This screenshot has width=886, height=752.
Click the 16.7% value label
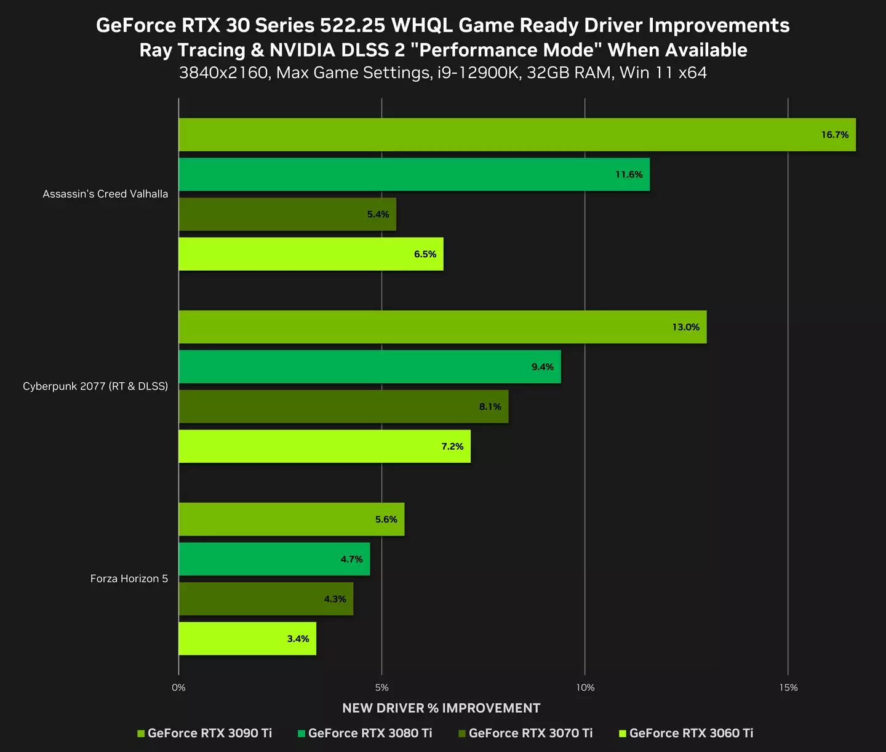point(834,135)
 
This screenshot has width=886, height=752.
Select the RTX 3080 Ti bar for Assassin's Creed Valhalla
point(413,175)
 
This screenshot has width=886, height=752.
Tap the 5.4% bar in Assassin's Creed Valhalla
point(287,215)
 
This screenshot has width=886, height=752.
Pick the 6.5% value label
point(425,254)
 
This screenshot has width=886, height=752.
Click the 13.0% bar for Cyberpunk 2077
point(442,327)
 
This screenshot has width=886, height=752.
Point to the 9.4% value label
point(542,367)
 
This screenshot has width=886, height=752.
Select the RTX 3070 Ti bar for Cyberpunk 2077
point(343,407)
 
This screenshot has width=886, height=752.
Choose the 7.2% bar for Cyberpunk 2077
point(324,446)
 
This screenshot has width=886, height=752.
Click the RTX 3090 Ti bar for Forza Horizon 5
point(291,519)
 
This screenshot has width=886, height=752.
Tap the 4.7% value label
point(351,559)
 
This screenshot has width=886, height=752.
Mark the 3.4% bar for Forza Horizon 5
point(247,639)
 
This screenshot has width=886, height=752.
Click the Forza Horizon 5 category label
point(129,578)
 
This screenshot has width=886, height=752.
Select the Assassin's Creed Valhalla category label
point(105,194)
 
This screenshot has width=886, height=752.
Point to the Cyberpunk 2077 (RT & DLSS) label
point(95,386)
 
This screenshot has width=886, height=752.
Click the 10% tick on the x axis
point(585,687)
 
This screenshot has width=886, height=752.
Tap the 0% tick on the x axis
point(178,687)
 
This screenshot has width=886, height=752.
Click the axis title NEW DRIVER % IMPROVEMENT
point(441,708)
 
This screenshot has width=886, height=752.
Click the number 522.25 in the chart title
point(353,26)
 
